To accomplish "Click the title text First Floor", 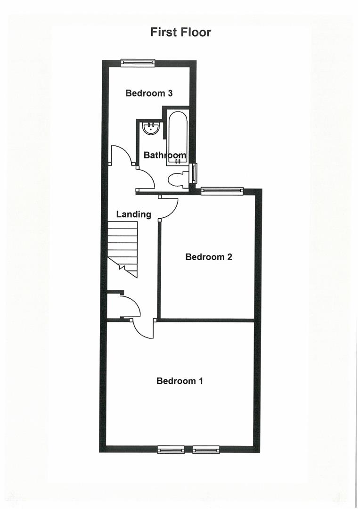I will point(180,32).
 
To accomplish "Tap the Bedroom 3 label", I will point(149,93).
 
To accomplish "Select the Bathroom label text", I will point(164,155).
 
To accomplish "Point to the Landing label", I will point(134,214).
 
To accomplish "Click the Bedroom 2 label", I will point(209,257).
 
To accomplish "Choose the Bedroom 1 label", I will point(180,381).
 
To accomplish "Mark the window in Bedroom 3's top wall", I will point(138,62).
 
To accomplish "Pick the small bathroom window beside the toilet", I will point(193,173).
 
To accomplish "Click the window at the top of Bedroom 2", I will point(222,190).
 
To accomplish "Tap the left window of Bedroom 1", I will point(171,450).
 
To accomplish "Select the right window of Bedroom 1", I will point(206,450).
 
